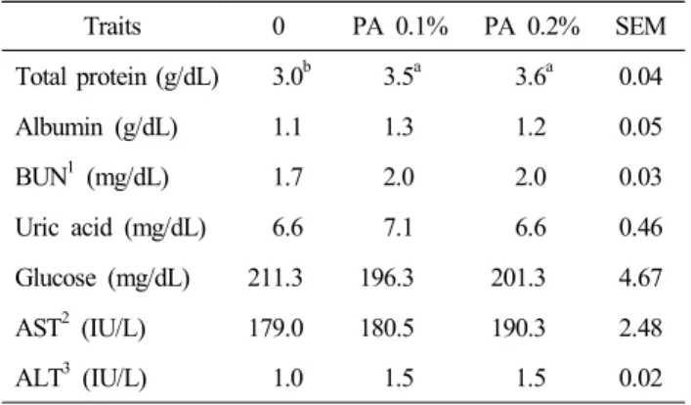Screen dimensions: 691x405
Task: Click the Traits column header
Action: (x=112, y=26)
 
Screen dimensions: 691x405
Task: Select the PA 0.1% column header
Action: (x=400, y=26)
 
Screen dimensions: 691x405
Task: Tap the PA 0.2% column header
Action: (x=532, y=26)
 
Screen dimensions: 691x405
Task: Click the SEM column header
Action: (x=641, y=26)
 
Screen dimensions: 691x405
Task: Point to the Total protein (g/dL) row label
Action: (x=117, y=77)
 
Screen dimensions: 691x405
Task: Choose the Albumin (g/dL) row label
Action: (x=97, y=127)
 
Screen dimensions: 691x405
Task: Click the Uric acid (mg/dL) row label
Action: (x=110, y=228)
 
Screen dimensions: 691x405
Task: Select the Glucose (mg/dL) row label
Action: (x=103, y=279)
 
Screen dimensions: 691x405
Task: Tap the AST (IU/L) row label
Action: (x=81, y=329)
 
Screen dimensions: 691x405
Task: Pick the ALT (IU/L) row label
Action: (x=81, y=379)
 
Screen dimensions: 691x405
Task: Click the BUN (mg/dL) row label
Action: (x=92, y=177)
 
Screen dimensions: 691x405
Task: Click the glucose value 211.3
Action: (x=275, y=279)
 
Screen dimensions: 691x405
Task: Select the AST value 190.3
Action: (x=519, y=329)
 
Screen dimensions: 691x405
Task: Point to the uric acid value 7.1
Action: (x=399, y=228)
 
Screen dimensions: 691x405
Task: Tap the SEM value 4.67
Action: (x=641, y=279)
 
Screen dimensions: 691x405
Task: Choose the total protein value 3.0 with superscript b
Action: (x=291, y=75)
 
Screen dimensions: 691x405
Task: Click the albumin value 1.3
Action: (x=399, y=127)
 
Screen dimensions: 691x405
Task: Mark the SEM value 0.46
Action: (x=641, y=228)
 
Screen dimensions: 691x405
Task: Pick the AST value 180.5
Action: (x=387, y=329)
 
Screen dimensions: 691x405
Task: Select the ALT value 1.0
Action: (x=288, y=379)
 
